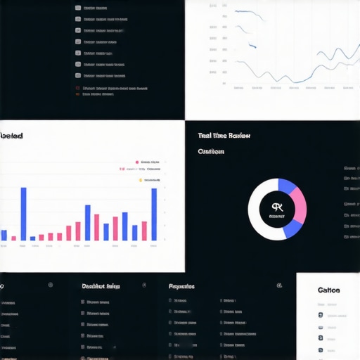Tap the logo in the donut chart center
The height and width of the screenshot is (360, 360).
click(277, 208)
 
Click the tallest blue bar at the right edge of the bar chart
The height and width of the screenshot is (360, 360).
click(154, 214)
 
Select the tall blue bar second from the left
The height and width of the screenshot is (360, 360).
click(23, 214)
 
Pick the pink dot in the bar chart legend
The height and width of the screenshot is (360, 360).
click(137, 160)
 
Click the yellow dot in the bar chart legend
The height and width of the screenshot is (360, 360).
click(140, 180)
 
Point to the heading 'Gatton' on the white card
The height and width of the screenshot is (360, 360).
click(328, 290)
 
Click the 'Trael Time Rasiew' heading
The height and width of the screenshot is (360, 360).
click(224, 136)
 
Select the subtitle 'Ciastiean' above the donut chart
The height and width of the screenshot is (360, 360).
click(211, 151)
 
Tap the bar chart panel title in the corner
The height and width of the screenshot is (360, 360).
click(11, 136)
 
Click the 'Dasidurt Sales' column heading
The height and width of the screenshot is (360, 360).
click(101, 286)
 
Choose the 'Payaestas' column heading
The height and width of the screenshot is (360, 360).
click(181, 286)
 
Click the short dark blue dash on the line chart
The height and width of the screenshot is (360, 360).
click(253, 46)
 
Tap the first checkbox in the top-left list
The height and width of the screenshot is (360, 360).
click(77, 8)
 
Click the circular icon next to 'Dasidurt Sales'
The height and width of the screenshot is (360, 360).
click(144, 285)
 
